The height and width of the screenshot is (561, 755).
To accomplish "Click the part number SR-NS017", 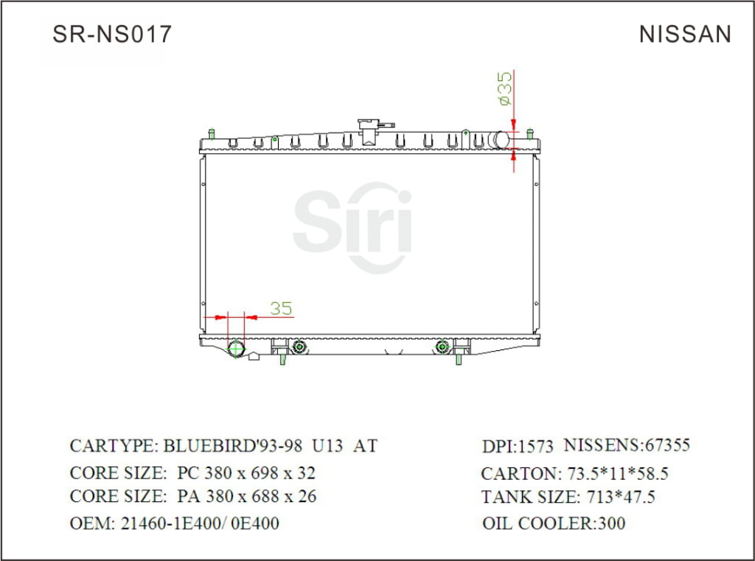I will (111, 34).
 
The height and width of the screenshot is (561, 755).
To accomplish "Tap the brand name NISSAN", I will (685, 35).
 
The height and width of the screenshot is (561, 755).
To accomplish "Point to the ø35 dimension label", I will (505, 89).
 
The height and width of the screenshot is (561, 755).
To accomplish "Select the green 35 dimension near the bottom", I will (280, 309).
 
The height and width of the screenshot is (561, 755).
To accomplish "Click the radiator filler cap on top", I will (367, 129).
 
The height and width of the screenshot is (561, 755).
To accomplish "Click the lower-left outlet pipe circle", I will (237, 349).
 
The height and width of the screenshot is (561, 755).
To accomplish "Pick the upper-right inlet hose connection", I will (503, 139).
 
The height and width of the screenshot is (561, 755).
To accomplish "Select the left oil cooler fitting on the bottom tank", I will (299, 346).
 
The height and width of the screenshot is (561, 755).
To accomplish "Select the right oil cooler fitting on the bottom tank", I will (442, 346).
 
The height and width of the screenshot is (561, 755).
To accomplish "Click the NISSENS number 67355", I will (667, 445).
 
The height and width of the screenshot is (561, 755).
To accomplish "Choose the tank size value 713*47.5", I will (620, 498).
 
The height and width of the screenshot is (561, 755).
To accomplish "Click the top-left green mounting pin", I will (212, 134).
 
